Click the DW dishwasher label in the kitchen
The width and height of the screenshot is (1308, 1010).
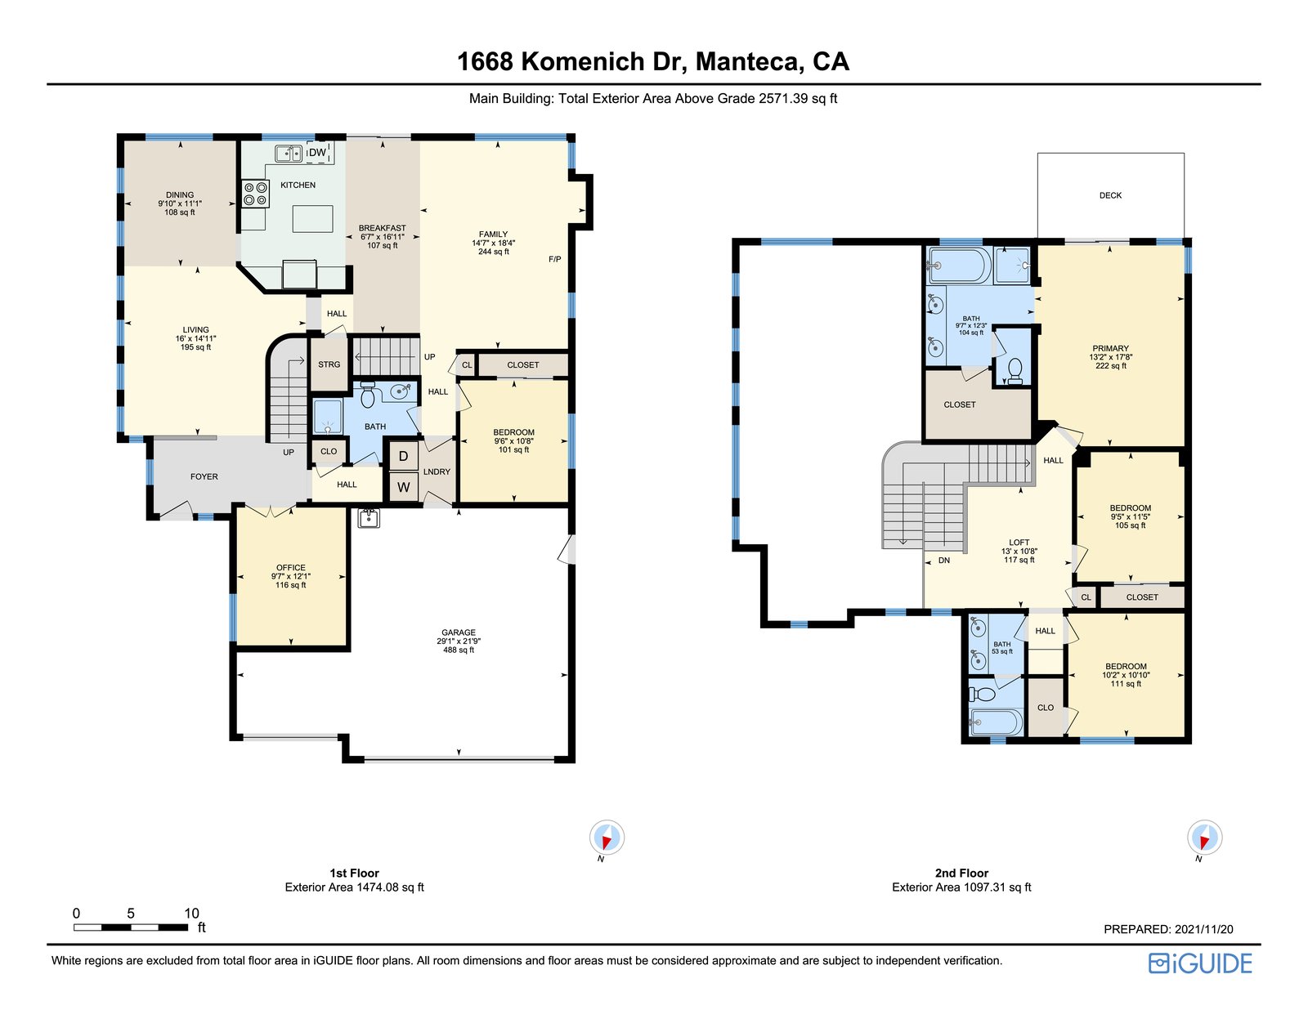tap(317, 153)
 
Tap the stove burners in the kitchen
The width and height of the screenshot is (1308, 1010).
tap(255, 194)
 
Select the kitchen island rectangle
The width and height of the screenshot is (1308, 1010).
tap(312, 219)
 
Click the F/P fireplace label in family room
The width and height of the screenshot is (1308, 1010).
tap(554, 259)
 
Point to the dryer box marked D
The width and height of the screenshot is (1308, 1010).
tap(403, 456)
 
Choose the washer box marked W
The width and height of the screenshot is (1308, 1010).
tap(403, 488)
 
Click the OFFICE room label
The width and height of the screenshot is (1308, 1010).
tap(291, 567)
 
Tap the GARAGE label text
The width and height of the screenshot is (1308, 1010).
tap(459, 632)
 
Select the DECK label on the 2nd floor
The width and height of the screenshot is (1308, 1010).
tap(1110, 195)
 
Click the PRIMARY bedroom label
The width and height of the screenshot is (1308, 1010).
tap(1110, 348)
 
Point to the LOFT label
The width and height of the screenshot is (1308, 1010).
tap(1019, 543)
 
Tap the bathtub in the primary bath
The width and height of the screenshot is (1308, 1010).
tap(960, 265)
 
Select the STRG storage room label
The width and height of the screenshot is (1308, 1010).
tap(329, 364)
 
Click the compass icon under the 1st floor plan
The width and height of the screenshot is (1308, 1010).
tap(607, 838)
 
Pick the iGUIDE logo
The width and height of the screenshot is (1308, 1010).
tap(1200, 963)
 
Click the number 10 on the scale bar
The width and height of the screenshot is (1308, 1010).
tap(191, 914)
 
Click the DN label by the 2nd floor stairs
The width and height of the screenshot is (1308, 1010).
tap(944, 561)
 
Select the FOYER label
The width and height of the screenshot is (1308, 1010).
tap(204, 476)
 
